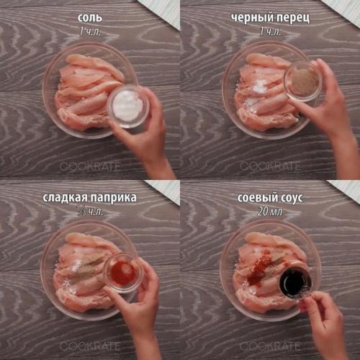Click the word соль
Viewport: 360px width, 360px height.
coord(90,18)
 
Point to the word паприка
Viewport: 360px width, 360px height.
coord(114,198)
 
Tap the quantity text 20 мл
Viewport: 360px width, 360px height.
coord(270,212)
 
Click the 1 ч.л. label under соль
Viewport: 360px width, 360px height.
coord(90,32)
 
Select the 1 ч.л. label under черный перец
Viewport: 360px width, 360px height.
coord(270,32)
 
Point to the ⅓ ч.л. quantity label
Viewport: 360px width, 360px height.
coord(90,212)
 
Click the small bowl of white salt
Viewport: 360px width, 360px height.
coord(128,107)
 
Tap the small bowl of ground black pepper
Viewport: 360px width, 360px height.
coord(303,81)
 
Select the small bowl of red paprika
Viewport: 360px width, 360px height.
coord(123,273)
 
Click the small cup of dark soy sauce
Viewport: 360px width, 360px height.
coord(295,283)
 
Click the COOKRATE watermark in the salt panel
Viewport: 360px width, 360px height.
coord(90,166)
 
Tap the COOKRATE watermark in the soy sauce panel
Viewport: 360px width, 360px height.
coord(270,346)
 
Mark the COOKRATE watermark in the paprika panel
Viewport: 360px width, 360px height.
coord(90,346)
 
